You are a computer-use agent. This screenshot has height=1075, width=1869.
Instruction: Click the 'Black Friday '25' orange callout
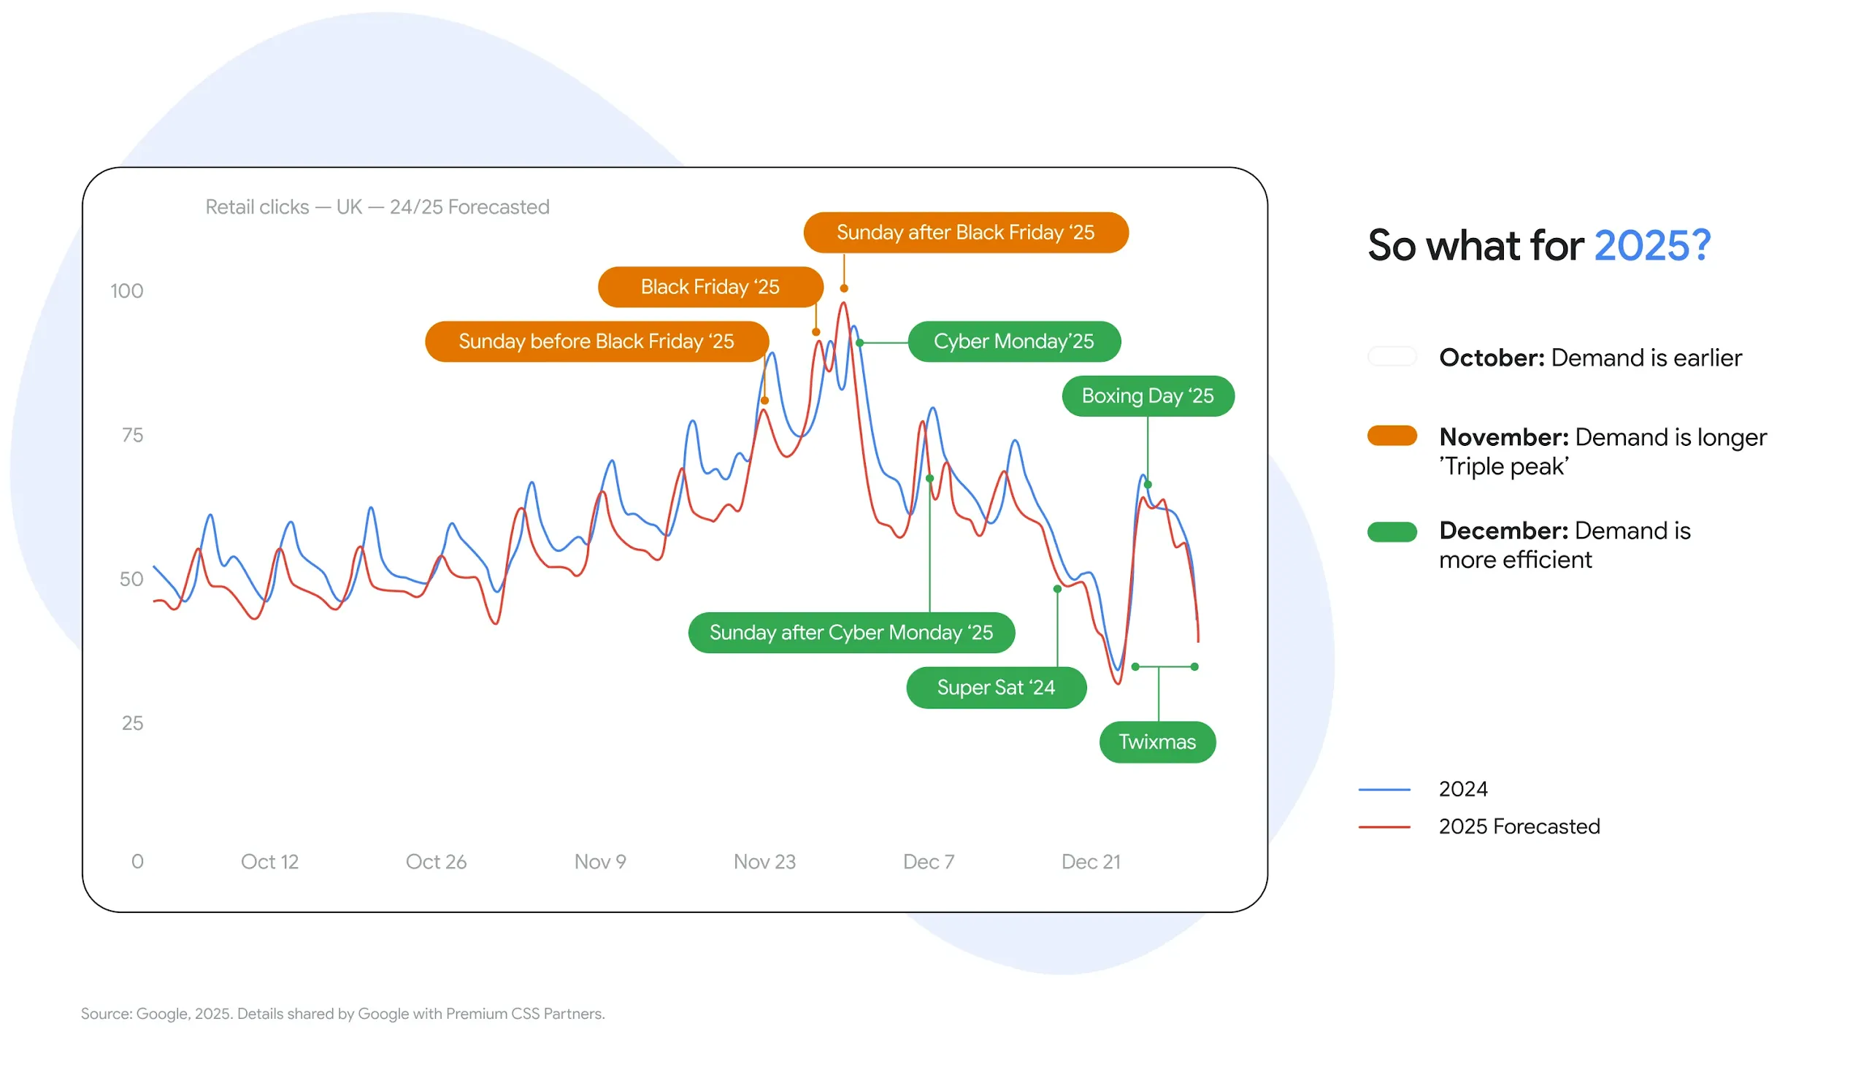[710, 288]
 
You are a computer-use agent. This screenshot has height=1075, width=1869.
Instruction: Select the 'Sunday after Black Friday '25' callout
[965, 233]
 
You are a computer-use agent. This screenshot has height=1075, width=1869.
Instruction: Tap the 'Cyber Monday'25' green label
[1013, 342]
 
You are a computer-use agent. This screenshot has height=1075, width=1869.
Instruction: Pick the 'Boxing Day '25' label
[1147, 396]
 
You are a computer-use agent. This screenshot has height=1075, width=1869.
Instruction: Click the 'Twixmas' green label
[1156, 742]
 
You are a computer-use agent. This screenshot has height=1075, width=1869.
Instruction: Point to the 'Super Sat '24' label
[995, 688]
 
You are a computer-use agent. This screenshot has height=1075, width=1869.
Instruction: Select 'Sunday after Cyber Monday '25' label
[851, 633]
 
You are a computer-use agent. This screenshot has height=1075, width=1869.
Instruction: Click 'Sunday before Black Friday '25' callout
[596, 342]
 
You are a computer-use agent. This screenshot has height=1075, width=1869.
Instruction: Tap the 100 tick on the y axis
[126, 291]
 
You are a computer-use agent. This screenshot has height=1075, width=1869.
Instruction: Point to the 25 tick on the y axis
[132, 723]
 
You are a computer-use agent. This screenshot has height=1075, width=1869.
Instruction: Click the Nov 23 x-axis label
[764, 862]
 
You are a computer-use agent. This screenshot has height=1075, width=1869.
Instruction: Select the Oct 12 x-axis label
[269, 862]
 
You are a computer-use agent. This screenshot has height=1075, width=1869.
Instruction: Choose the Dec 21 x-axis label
[1091, 862]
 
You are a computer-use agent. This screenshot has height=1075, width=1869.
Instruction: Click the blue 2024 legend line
[1383, 789]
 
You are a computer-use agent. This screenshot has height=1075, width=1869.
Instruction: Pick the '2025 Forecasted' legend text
[1519, 826]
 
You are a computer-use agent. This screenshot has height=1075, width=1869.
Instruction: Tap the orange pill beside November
[1392, 436]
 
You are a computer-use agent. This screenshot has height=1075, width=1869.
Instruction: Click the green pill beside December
[1392, 531]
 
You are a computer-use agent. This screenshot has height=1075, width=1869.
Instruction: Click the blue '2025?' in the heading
[1652, 246]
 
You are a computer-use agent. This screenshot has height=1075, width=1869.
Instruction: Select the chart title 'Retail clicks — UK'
[377, 207]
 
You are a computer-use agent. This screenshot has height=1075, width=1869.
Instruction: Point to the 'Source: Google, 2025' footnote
[342, 1014]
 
